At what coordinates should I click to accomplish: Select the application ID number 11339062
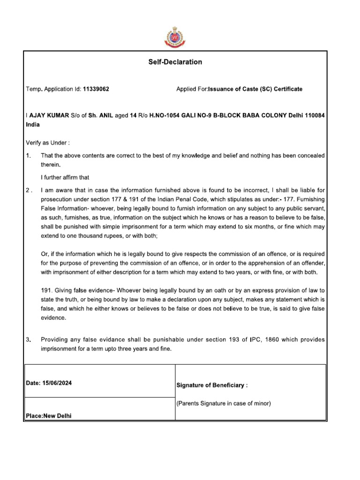(96, 89)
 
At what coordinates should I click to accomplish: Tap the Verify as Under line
(47, 142)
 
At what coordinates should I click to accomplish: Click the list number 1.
(28, 155)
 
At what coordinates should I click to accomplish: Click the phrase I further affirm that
(65, 177)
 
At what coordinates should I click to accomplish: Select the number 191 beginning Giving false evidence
(46, 291)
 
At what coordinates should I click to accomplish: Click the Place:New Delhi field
(49, 415)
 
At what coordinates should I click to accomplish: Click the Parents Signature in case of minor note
(223, 403)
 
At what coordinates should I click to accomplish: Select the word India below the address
(33, 125)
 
